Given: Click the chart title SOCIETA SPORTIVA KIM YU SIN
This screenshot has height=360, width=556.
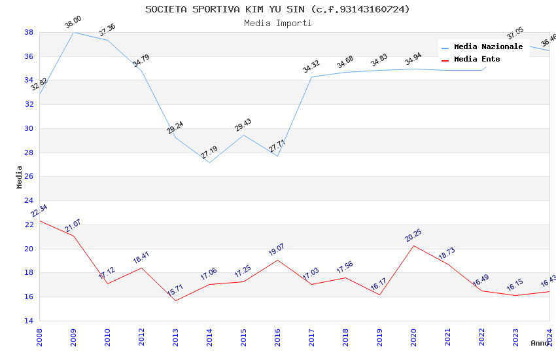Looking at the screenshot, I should point(277,9).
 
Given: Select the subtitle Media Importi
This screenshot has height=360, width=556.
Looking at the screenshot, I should point(277,24).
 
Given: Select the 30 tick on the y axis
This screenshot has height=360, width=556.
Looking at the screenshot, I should point(29,128).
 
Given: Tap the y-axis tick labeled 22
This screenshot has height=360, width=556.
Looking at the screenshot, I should point(29,225).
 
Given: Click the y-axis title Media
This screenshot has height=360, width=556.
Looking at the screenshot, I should point(20,177).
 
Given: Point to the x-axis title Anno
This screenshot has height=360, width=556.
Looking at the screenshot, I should point(540,343).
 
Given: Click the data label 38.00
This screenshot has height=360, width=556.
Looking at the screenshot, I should point(73,24).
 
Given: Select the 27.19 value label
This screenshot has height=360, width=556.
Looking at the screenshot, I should point(209,153).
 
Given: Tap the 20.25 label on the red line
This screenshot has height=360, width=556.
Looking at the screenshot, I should point(413,236).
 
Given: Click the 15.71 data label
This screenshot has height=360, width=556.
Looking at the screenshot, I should point(175,291).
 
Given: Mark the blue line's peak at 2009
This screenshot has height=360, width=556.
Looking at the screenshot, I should point(73,32).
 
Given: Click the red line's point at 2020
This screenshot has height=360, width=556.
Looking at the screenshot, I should point(413,245).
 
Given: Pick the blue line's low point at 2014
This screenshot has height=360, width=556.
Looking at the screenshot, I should point(209,162).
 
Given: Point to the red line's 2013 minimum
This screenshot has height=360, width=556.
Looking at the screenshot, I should point(175,300).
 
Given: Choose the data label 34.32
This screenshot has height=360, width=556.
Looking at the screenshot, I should point(311,67).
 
